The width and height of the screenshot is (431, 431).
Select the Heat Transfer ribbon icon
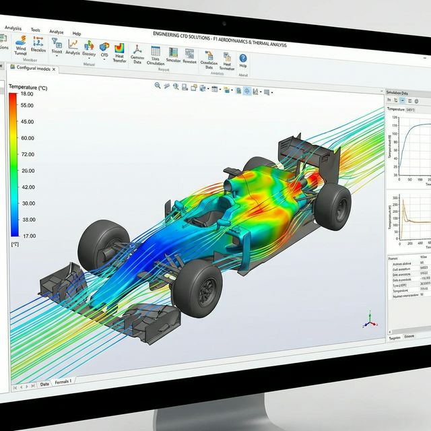120,53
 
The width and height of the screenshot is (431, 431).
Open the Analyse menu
57,31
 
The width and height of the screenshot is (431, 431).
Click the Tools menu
35,30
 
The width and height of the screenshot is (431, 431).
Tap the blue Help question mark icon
242,59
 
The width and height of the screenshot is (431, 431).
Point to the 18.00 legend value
27,94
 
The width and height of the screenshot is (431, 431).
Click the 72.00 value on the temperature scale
27,154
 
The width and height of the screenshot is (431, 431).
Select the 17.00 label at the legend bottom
27,235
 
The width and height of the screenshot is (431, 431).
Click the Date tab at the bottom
44,383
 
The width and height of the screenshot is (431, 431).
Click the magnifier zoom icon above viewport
158,86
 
